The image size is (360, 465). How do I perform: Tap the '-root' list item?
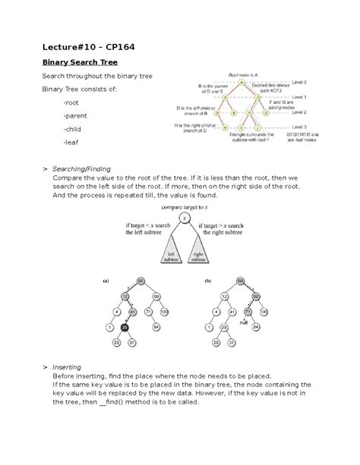point(74,102)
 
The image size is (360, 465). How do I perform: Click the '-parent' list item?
point(78,115)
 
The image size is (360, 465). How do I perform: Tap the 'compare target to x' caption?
point(181,206)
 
